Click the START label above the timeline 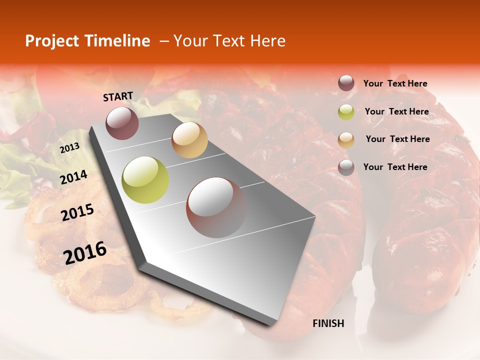pos(118,96)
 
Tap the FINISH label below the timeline pos(328,323)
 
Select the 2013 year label pos(69,148)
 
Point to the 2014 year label pos(73,177)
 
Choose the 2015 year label pos(77,213)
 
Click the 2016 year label pos(85,252)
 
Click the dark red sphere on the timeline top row pos(122,123)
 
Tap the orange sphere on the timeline pos(189,140)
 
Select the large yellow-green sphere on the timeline pos(145,180)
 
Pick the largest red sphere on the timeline pos(216,207)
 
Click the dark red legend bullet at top pos(346,83)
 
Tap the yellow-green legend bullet pos(346,112)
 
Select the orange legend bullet pos(346,139)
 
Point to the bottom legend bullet pos(346,167)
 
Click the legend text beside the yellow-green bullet pos(396,111)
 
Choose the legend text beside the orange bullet pos(397,139)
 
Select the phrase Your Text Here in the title pos(229,41)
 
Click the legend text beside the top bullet pos(395,83)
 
